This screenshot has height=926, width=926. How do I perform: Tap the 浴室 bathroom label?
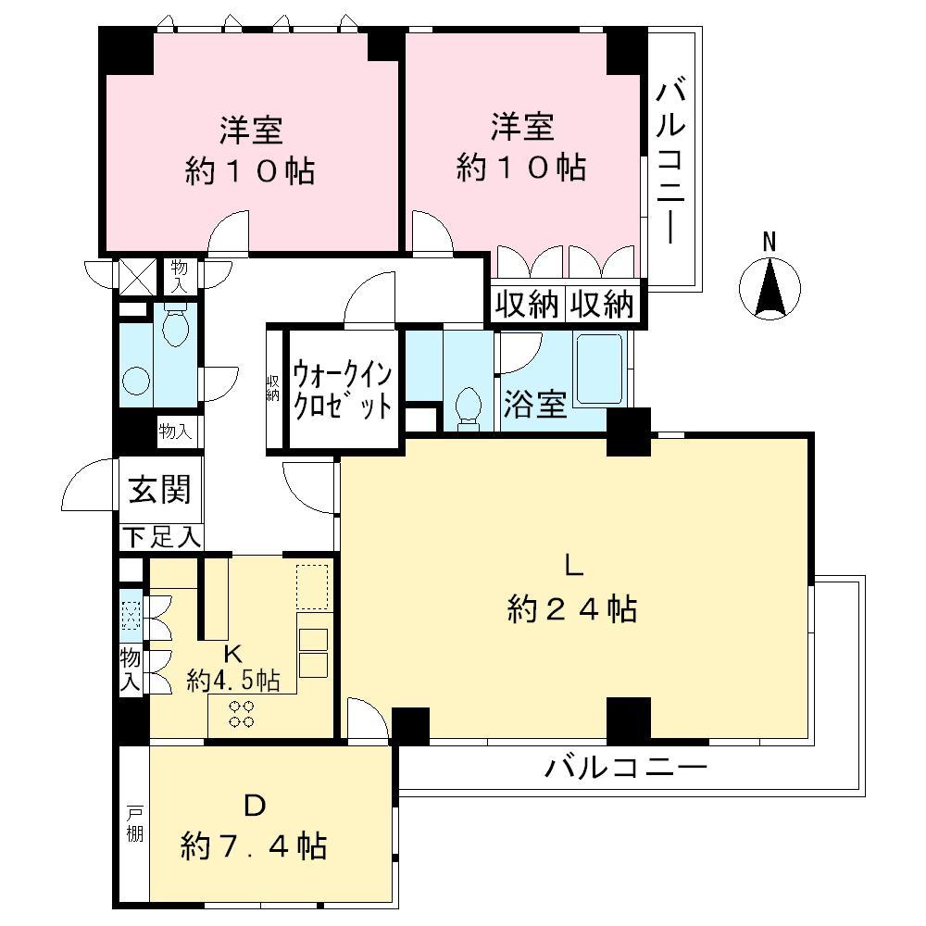coord(535,406)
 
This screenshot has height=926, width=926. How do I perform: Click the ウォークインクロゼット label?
coord(342,391)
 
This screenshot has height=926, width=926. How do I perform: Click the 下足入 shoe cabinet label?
coord(159,535)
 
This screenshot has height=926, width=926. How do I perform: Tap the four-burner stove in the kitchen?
coord(243,713)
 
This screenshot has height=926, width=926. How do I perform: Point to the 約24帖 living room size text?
coord(571,608)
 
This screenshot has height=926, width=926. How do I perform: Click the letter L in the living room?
coord(573,564)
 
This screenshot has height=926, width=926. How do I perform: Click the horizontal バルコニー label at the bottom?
coord(626,768)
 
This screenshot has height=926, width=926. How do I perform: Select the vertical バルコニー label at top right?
coord(672,162)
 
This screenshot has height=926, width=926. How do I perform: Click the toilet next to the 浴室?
coord(469,407)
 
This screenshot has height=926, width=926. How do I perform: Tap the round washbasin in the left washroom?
coord(135,382)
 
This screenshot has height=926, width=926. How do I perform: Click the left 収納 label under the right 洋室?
coord(524,305)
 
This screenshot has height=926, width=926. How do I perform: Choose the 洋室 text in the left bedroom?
coord(250,130)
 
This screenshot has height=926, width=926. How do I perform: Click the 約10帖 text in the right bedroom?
coord(521,168)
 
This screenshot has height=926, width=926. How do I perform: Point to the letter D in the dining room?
coord(255,806)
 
